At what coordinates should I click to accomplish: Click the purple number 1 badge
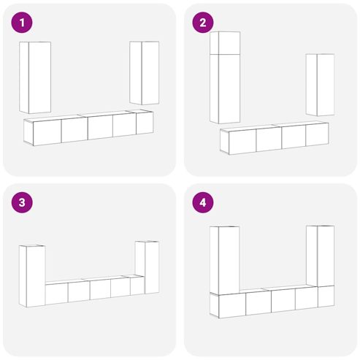pos(22,23)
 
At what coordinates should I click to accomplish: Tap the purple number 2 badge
pos(203,23)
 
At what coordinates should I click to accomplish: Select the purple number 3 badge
pos(22,202)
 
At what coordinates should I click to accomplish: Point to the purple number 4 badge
pos(203,202)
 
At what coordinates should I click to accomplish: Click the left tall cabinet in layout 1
pos(35,77)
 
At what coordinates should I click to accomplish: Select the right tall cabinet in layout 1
pos(145,73)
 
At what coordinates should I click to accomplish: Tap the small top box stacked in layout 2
pos(225,43)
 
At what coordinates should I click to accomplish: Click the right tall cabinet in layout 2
pos(320,85)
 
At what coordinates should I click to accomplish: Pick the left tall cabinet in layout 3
pos(32,276)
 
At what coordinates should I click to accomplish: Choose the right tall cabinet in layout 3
pos(147,267)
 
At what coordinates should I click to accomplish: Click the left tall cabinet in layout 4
pos(225,260)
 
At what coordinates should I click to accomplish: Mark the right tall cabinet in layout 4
pos(321,256)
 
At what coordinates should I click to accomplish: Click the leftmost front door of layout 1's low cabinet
pos(47,133)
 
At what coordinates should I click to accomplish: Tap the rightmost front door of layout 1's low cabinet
pos(145,123)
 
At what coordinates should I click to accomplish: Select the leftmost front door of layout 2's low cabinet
pos(242,142)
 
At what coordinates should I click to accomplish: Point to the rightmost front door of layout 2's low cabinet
pos(317,134)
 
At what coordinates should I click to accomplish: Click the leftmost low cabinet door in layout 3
pos(57,294)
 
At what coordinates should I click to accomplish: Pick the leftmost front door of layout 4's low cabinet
pos(232,306)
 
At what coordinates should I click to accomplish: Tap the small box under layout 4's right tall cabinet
pos(326,296)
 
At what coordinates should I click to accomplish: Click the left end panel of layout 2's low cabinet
pos(225,142)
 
